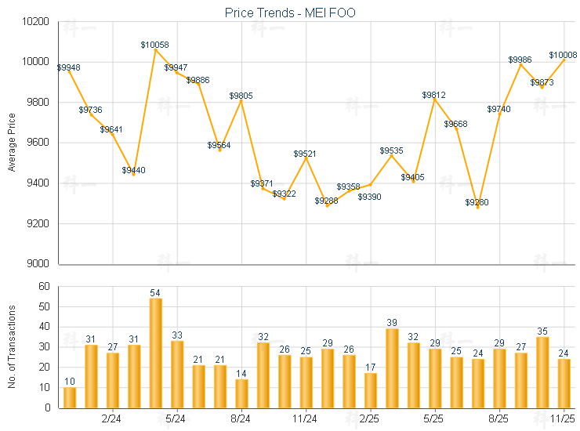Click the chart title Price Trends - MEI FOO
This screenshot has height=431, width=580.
(x=289, y=13)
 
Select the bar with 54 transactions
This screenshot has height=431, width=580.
(x=156, y=353)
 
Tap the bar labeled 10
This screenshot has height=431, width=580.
(x=70, y=397)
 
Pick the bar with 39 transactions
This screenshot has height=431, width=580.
(x=392, y=368)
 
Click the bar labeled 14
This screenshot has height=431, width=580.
(x=241, y=393)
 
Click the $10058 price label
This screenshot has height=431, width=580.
(x=154, y=45)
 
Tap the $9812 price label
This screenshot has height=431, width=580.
(x=433, y=95)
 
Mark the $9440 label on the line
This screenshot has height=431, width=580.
(x=133, y=170)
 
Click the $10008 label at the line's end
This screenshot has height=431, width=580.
(x=563, y=55)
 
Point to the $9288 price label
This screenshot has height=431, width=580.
(x=327, y=201)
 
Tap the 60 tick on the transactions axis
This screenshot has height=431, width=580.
(x=44, y=286)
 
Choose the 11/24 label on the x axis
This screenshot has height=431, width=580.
(x=305, y=418)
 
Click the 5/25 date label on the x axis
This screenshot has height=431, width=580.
(x=434, y=418)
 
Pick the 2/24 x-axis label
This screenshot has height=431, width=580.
(x=112, y=418)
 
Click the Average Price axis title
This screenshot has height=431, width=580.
(x=12, y=142)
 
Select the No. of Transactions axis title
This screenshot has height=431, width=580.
(x=12, y=346)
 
